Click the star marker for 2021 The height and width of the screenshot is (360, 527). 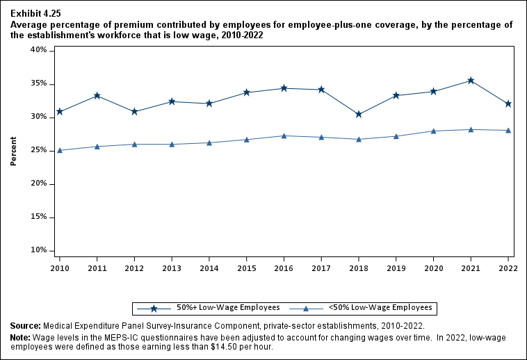(x=471, y=81)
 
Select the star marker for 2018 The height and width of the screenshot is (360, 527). (x=359, y=114)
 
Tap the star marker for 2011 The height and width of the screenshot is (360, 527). (x=97, y=95)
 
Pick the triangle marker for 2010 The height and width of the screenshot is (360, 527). (x=60, y=150)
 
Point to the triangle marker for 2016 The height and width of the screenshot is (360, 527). (x=284, y=136)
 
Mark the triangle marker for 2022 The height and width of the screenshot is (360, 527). (x=508, y=130)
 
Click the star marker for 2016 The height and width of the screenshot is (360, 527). (x=284, y=88)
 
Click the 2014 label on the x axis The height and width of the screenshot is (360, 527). (x=209, y=268)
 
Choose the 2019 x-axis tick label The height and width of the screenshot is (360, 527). (x=396, y=268)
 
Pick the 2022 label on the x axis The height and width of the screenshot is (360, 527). (x=508, y=268)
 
